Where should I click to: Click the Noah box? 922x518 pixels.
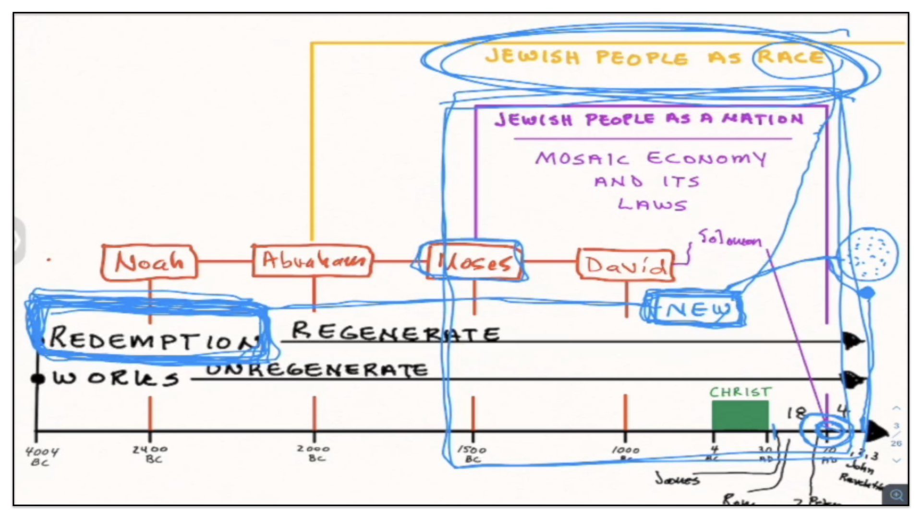pyautogui.click(x=149, y=262)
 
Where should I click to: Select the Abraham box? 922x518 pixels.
pyautogui.click(x=312, y=261)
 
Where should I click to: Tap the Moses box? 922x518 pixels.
pyautogui.click(x=473, y=262)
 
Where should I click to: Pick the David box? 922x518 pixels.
pyautogui.click(x=625, y=264)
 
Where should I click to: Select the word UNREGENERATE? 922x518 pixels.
pyautogui.click(x=317, y=370)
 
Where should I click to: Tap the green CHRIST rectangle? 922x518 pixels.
pyautogui.click(x=740, y=415)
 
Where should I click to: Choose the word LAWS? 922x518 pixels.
pyautogui.click(x=652, y=204)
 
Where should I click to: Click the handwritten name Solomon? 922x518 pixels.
pyautogui.click(x=729, y=238)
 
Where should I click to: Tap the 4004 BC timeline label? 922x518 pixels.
pyautogui.click(x=42, y=456)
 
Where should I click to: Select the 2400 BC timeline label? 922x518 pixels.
pyautogui.click(x=151, y=454)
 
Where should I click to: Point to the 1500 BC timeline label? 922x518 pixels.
pyautogui.click(x=472, y=454)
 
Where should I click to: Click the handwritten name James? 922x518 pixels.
pyautogui.click(x=678, y=479)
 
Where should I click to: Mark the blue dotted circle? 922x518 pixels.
pyautogui.click(x=867, y=254)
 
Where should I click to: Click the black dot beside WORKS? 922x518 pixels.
pyautogui.click(x=37, y=378)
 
